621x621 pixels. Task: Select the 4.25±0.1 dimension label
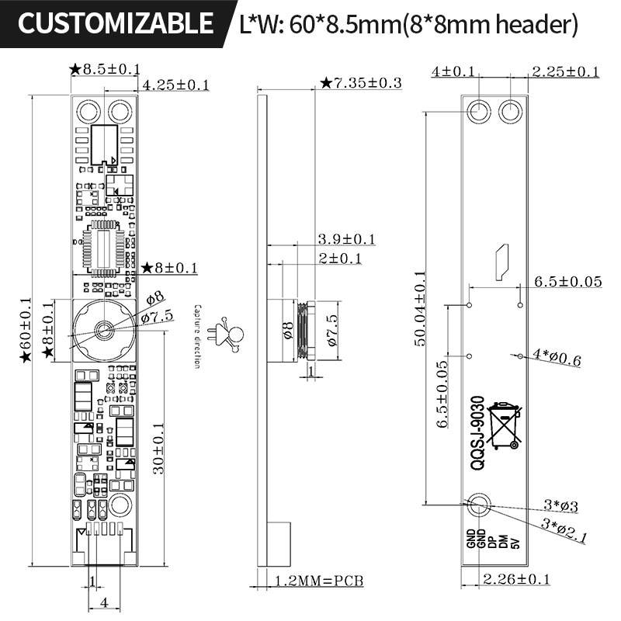(x=176, y=85)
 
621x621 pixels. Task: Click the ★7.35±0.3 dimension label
(x=361, y=82)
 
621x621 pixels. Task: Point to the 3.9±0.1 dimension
(x=346, y=238)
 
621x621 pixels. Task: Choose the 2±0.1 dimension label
(x=340, y=258)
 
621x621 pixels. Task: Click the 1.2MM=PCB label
(x=320, y=580)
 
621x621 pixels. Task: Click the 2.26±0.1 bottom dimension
(x=516, y=578)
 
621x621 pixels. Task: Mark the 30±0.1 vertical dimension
(x=159, y=449)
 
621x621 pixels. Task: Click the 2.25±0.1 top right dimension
(x=565, y=71)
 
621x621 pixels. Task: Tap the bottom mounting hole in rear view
(x=478, y=505)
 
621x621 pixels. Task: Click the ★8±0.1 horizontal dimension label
(x=170, y=268)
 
